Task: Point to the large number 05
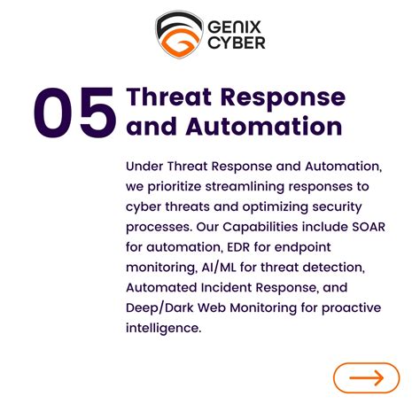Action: pos(74,113)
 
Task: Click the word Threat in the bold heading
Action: pos(174,97)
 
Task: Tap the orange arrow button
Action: pos(366,377)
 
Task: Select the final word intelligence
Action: pos(164,329)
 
